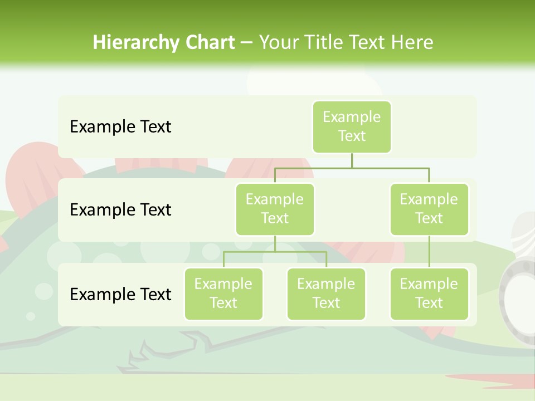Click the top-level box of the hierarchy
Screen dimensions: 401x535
click(x=352, y=126)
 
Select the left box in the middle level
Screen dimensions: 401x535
click(x=275, y=209)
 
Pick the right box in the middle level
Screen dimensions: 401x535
click(x=429, y=209)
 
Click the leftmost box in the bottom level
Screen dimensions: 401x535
click(x=223, y=294)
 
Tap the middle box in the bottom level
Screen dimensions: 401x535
click(x=326, y=294)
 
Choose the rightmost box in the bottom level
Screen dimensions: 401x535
click(x=429, y=294)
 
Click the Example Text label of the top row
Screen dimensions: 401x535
click(x=120, y=127)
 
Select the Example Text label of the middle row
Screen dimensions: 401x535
click(x=120, y=210)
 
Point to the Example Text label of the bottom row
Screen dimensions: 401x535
click(x=120, y=294)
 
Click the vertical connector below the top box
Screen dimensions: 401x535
click(x=352, y=160)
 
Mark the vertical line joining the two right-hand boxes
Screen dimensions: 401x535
click(x=429, y=252)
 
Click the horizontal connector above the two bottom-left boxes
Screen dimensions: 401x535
click(x=251, y=252)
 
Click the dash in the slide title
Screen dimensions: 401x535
click(x=246, y=43)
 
